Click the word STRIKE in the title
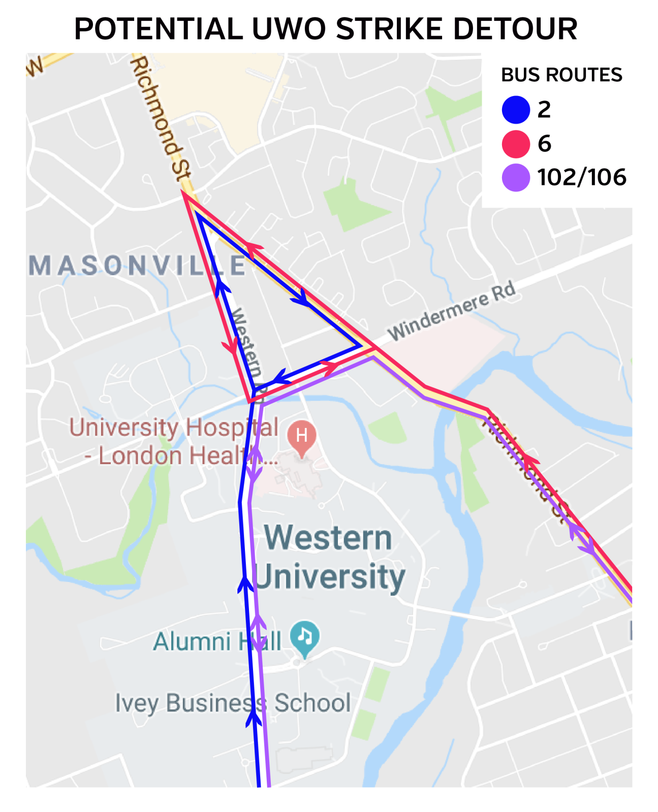pyautogui.click(x=390, y=29)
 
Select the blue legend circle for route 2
pyautogui.click(x=516, y=110)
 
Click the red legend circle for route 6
pyautogui.click(x=516, y=144)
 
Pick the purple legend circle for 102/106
pyautogui.click(x=516, y=177)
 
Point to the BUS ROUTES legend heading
pyautogui.click(x=561, y=75)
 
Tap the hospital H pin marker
pyautogui.click(x=302, y=436)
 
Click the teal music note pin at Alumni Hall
pyautogui.click(x=304, y=636)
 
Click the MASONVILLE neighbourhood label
pyautogui.click(x=137, y=266)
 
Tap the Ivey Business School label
pyautogui.click(x=233, y=703)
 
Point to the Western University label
pyautogui.click(x=329, y=557)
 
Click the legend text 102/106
pyautogui.click(x=582, y=177)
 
